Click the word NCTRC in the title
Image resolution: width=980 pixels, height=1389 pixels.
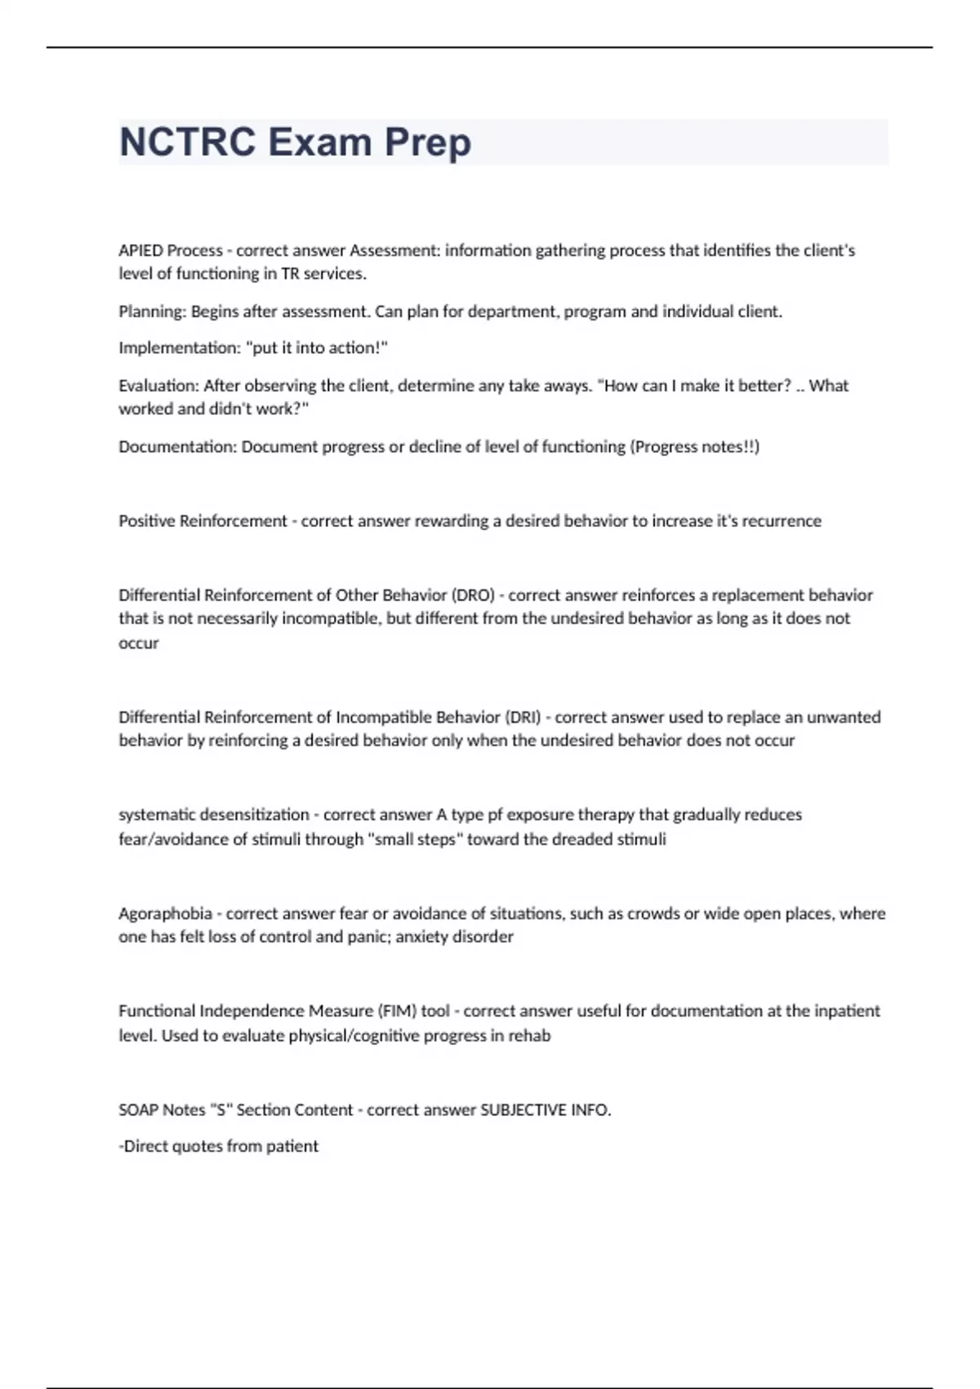pyautogui.click(x=188, y=142)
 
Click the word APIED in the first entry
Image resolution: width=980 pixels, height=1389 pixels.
pyautogui.click(x=140, y=250)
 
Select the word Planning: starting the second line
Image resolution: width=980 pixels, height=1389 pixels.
pyautogui.click(x=153, y=311)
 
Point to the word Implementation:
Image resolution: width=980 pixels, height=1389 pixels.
pyautogui.click(x=180, y=348)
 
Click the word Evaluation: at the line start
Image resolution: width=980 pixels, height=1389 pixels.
pyautogui.click(x=158, y=386)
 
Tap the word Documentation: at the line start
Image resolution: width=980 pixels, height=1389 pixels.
pyautogui.click(x=177, y=447)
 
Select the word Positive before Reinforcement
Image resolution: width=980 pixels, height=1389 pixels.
pyautogui.click(x=146, y=521)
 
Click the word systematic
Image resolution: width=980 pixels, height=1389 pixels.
pyautogui.click(x=157, y=815)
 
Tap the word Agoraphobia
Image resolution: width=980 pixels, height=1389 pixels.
pyautogui.click(x=165, y=913)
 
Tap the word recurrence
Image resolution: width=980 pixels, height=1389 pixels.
pyautogui.click(x=782, y=521)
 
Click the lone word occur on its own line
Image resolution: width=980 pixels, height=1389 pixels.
pyautogui.click(x=139, y=644)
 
